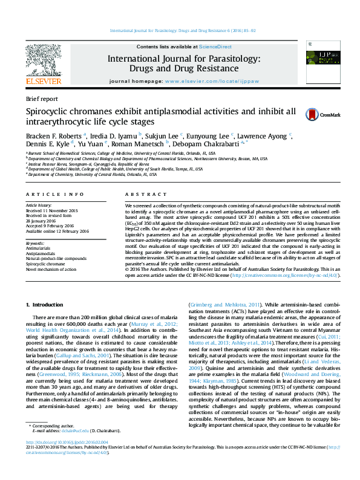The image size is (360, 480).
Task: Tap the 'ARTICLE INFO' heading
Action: coord(54,194)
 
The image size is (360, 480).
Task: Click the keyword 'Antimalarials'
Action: coord(39,248)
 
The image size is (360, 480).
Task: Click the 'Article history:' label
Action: coord(39,206)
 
